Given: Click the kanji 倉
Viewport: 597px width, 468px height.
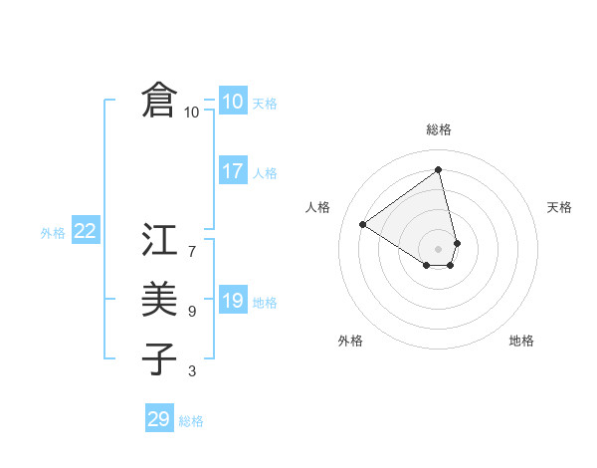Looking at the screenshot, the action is (159, 102).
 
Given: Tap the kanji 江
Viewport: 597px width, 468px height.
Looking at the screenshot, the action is (159, 242).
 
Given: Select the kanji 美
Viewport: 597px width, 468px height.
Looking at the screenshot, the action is (159, 300).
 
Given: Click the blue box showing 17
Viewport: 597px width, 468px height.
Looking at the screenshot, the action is (232, 171).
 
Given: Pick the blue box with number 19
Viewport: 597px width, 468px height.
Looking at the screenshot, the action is (232, 301).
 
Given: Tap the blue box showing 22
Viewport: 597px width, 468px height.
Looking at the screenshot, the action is (85, 232).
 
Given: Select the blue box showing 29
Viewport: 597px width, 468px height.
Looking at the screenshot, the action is (158, 419).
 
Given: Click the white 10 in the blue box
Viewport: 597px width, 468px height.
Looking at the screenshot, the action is (232, 102).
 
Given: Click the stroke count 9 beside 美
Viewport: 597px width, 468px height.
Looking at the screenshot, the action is (192, 312).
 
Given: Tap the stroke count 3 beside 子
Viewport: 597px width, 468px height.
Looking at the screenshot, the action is (192, 371).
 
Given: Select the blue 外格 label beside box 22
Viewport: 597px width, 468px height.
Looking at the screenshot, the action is (53, 233).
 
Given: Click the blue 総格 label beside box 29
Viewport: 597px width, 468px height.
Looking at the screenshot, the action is (191, 421).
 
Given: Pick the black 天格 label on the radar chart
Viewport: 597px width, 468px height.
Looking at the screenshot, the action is (560, 207).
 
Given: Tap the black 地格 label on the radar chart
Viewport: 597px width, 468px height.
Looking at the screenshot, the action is (521, 342).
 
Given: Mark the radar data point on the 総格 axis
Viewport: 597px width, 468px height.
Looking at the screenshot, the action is (439, 169).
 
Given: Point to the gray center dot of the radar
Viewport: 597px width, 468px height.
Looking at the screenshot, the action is (439, 248).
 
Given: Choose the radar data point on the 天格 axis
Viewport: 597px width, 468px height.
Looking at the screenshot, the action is (457, 242).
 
